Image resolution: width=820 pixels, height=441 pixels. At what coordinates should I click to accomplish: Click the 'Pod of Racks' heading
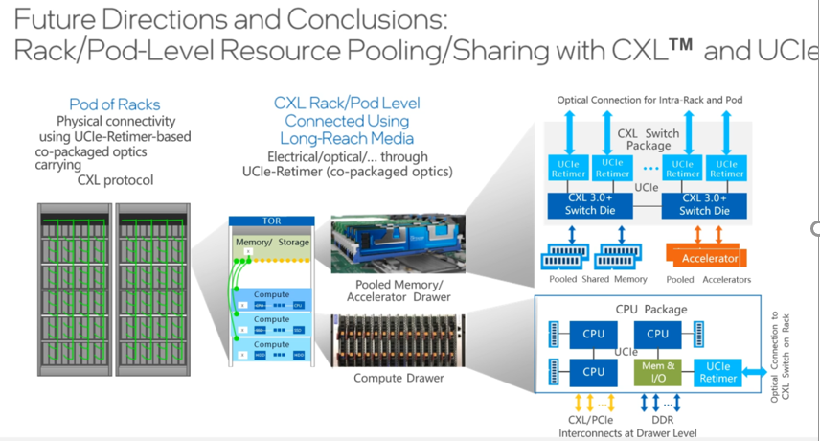[114, 104]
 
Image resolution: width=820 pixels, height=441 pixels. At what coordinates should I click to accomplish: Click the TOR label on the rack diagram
[272, 220]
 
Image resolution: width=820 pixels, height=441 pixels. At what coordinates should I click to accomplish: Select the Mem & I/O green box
[657, 371]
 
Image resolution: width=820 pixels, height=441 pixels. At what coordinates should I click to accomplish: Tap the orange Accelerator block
[710, 258]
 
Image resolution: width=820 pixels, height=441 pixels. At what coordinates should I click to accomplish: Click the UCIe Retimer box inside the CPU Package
[718, 371]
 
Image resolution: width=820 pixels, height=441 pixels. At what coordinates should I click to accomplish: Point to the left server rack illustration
[74, 284]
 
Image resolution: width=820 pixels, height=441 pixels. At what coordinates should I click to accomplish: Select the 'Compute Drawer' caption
[398, 378]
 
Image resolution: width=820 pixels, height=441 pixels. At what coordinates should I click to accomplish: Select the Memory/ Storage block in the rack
[273, 243]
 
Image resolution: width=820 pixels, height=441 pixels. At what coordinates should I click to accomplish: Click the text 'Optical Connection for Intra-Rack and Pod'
[649, 100]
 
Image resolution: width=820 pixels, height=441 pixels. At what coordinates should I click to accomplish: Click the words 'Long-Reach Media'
[347, 138]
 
